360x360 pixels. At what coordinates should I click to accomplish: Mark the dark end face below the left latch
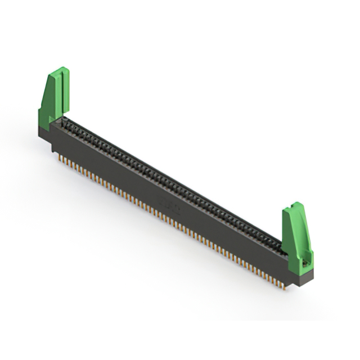(44, 135)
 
